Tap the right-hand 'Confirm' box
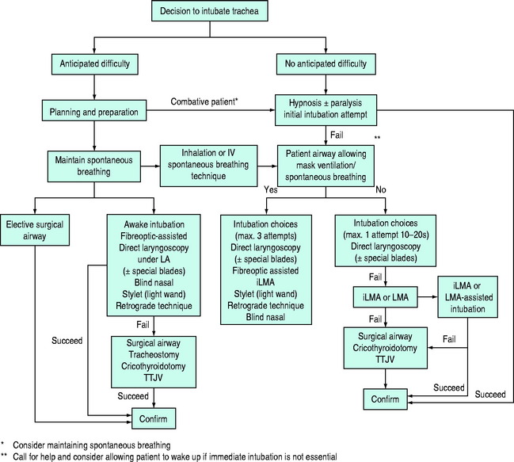pyautogui.click(x=385, y=397)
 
